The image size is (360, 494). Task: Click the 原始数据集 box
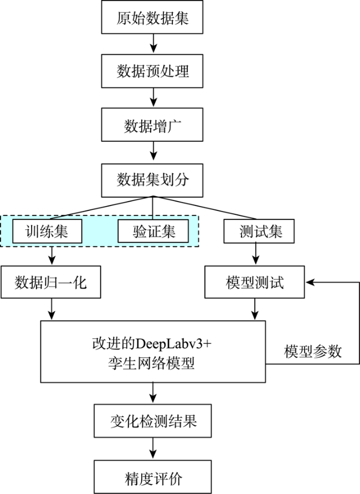[152, 17]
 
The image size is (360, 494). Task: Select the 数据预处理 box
[152, 71]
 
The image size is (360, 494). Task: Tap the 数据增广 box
[152, 125]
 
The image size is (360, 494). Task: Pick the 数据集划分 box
[152, 180]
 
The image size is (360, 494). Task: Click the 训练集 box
[47, 231]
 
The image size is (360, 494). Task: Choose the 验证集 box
[153, 231]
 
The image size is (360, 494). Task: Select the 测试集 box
[259, 231]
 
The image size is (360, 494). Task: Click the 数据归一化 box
[51, 282]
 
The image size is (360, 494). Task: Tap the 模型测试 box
[254, 282]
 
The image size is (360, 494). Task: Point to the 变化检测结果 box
[153, 421]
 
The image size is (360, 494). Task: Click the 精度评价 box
[153, 477]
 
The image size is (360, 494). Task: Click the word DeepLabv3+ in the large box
[173, 344]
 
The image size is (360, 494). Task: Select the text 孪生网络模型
[152, 363]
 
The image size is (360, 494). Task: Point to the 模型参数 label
[313, 351]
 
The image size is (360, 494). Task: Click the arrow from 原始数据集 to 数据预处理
[153, 44]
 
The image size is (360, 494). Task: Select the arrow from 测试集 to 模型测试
[256, 254]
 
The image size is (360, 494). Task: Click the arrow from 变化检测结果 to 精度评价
[153, 448]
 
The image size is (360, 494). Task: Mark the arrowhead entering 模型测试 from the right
[310, 282]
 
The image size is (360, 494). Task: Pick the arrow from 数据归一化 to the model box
[52, 309]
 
